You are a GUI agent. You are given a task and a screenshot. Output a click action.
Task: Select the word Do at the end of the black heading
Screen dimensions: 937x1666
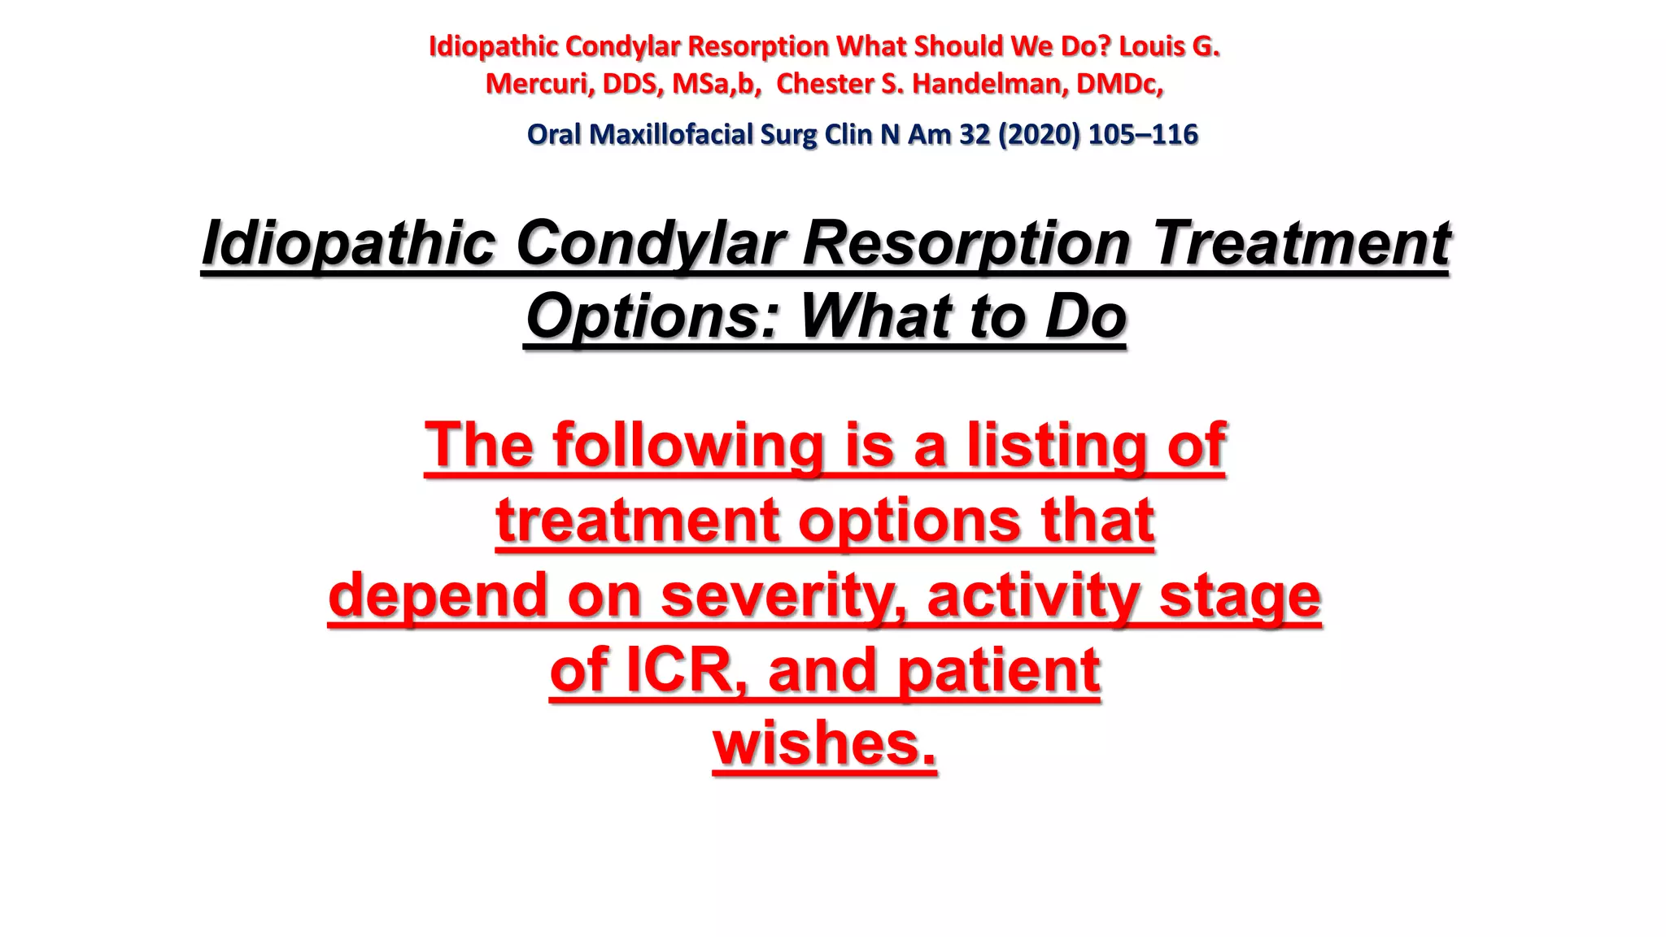pyautogui.click(x=1085, y=316)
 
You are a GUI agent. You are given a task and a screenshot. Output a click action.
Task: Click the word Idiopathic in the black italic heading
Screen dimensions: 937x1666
pyautogui.click(x=348, y=243)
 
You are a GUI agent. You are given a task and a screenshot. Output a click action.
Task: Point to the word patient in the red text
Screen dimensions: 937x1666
pyautogui.click(x=998, y=670)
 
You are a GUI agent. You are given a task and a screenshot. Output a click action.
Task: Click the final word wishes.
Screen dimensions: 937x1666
pyautogui.click(x=825, y=743)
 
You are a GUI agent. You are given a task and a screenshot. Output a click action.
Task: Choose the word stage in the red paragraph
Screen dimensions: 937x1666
pyautogui.click(x=1240, y=595)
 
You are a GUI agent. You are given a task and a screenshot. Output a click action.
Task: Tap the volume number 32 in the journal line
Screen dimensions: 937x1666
pyautogui.click(x=974, y=134)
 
